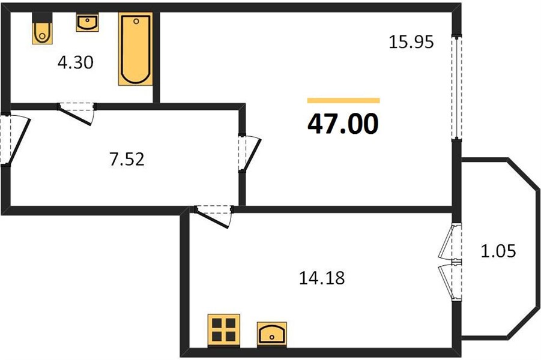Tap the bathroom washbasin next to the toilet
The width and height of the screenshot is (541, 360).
pos(87,23)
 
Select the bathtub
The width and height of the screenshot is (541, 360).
pos(136,49)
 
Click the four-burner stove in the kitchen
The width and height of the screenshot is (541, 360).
pos(224,330)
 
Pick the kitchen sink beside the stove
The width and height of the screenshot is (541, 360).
pos(272,334)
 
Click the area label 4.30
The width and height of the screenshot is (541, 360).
pos(76,63)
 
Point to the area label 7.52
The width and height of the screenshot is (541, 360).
pos(127,160)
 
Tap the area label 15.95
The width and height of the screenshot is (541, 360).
pos(411,42)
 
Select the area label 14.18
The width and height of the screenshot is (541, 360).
pos(322,278)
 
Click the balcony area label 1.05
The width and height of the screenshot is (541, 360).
pos(498,251)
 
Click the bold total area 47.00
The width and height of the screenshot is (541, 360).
pos(343,124)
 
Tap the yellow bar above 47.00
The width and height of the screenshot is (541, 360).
pos(343,100)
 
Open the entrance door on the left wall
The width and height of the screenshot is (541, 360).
pos(16,139)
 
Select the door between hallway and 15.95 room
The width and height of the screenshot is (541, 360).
pos(249,153)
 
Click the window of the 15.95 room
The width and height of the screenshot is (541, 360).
pos(457,88)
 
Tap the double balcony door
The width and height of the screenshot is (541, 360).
pos(450,262)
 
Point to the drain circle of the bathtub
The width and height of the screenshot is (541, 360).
pos(136,22)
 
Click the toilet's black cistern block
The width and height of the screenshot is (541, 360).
pos(42,17)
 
